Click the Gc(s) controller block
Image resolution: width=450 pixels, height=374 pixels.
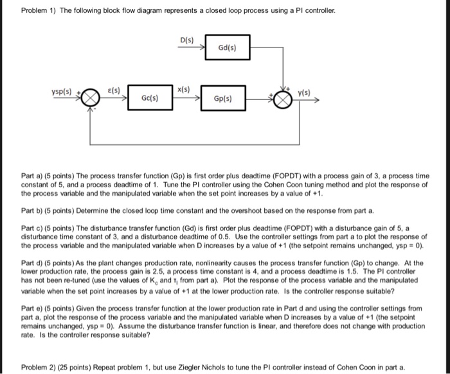[x=149, y=99]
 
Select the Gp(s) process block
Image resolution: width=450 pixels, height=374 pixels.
[x=223, y=99]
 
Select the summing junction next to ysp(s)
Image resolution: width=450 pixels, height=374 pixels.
[x=90, y=99]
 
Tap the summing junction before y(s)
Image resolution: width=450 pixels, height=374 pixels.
[x=283, y=99]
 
